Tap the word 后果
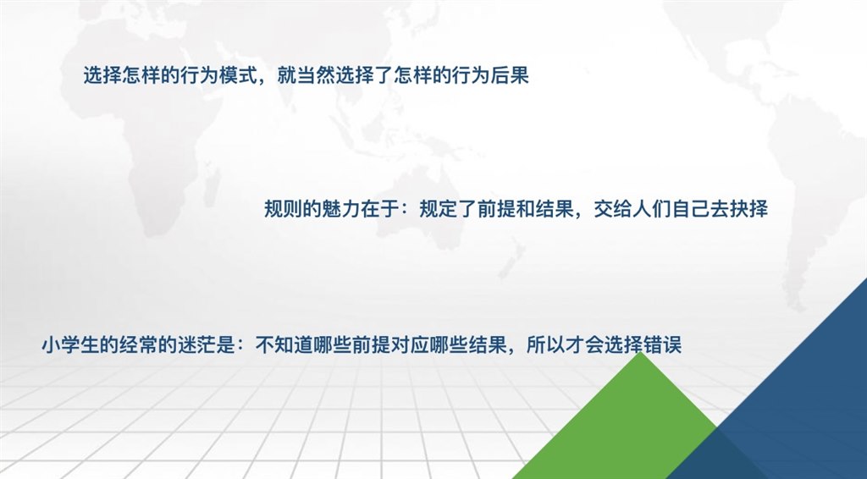click(511, 74)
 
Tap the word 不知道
click(283, 345)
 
